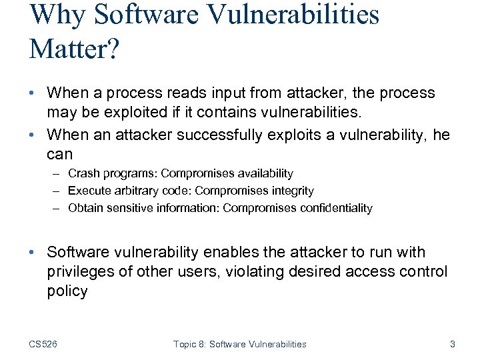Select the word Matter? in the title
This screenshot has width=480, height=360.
pyautogui.click(x=74, y=49)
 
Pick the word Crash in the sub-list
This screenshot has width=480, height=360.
pyautogui.click(x=83, y=173)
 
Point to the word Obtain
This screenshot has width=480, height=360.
pyautogui.click(x=85, y=208)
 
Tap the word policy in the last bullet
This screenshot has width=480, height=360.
pyautogui.click(x=67, y=291)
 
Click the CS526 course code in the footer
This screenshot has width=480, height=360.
pyautogui.click(x=43, y=344)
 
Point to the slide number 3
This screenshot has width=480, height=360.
pyautogui.click(x=453, y=344)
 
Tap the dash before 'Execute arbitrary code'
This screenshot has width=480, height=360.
pyautogui.click(x=58, y=191)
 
